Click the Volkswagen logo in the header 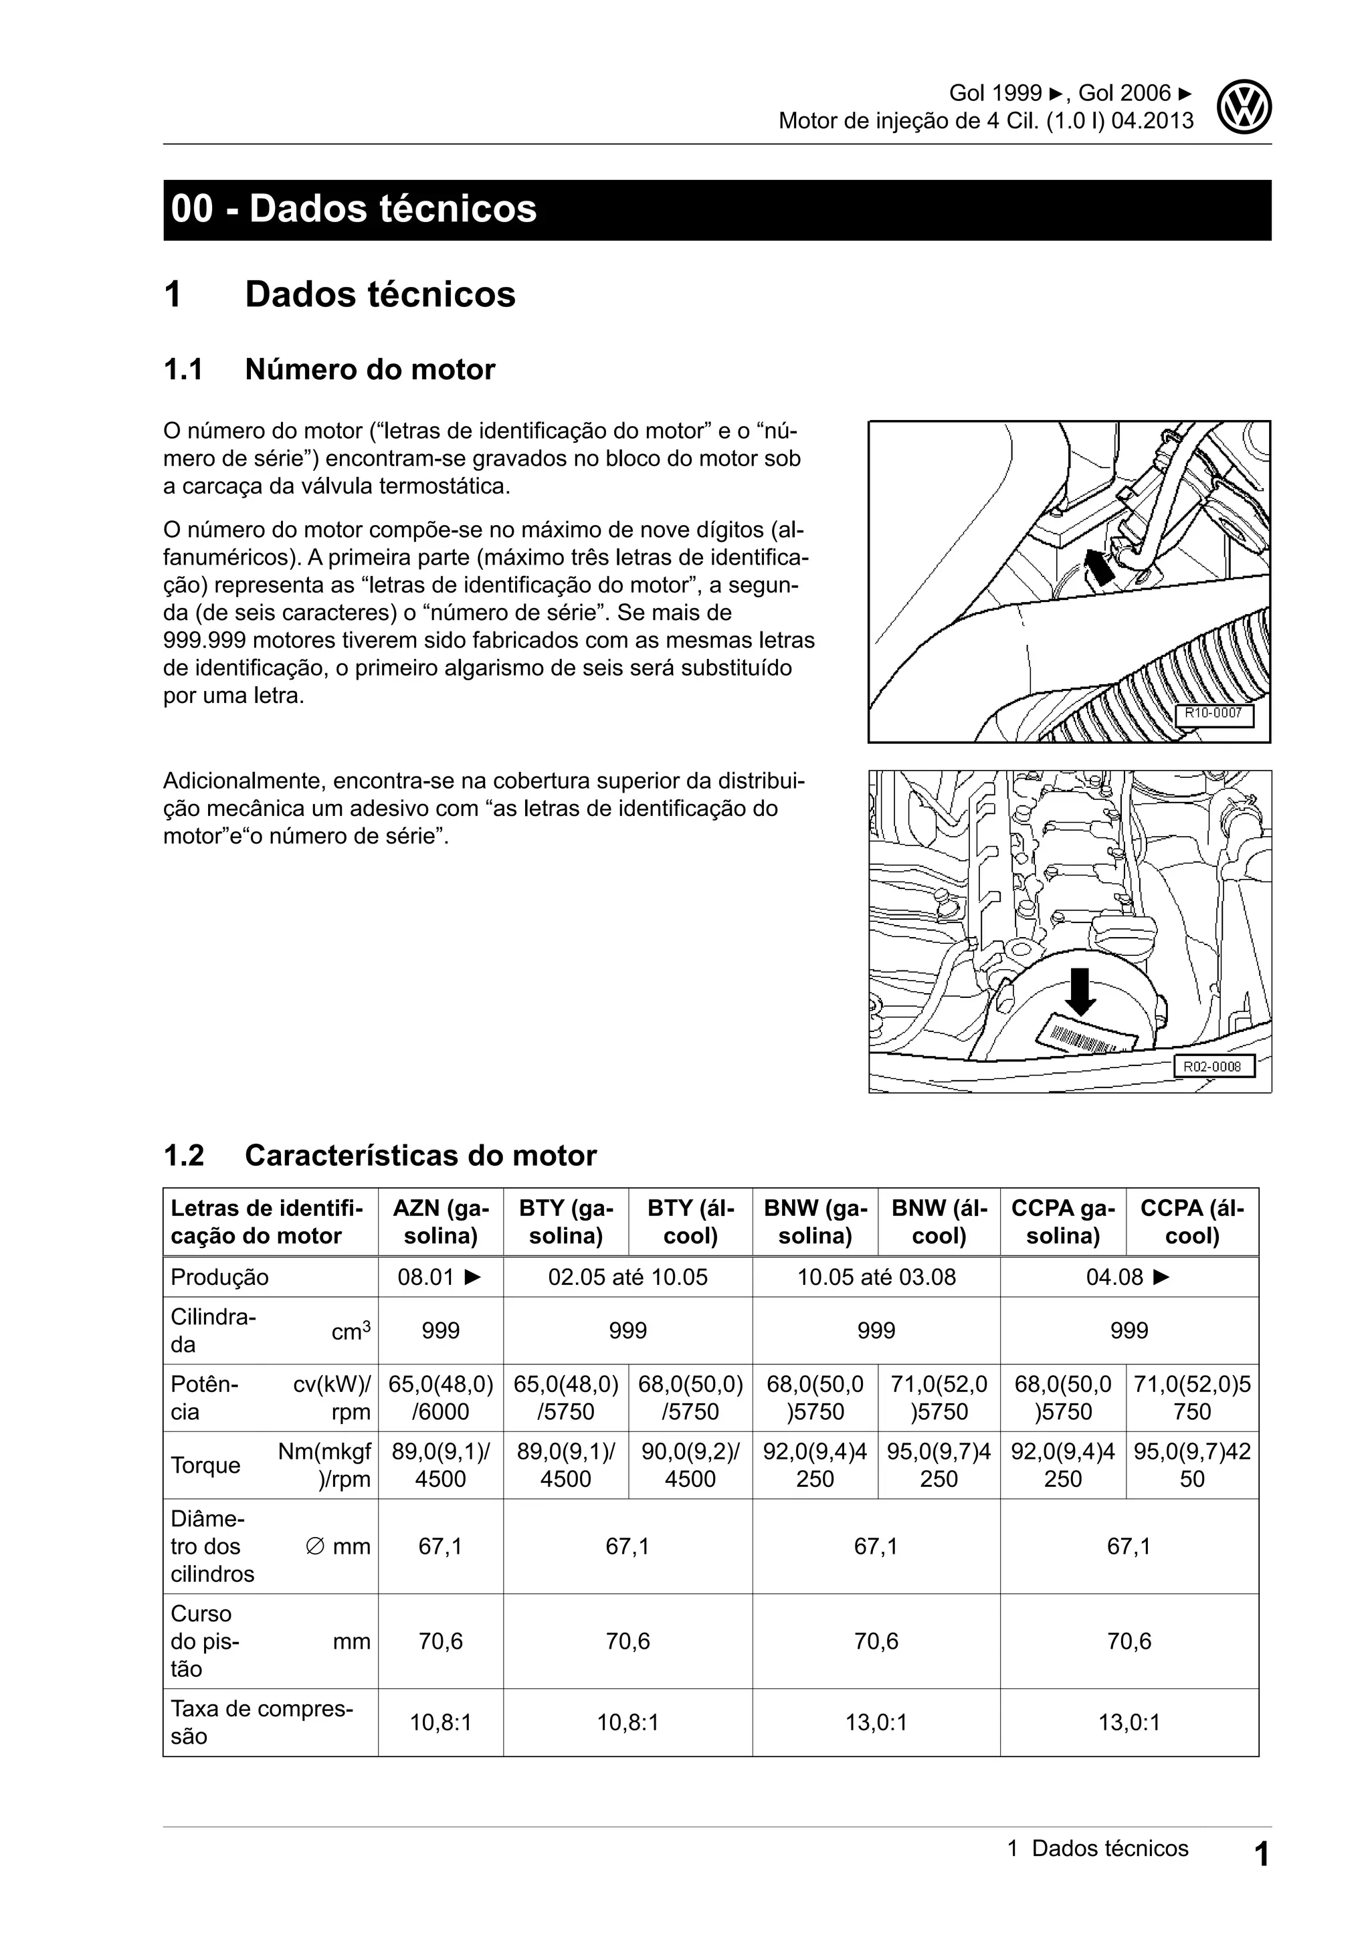(x=1244, y=108)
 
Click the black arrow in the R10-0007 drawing (x=1098, y=568)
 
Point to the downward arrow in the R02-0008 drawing (x=1080, y=992)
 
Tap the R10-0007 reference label (x=1214, y=713)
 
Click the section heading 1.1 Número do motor (x=329, y=369)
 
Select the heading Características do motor (x=420, y=1155)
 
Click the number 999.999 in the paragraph (x=203, y=640)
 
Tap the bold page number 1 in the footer (x=1260, y=1855)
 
